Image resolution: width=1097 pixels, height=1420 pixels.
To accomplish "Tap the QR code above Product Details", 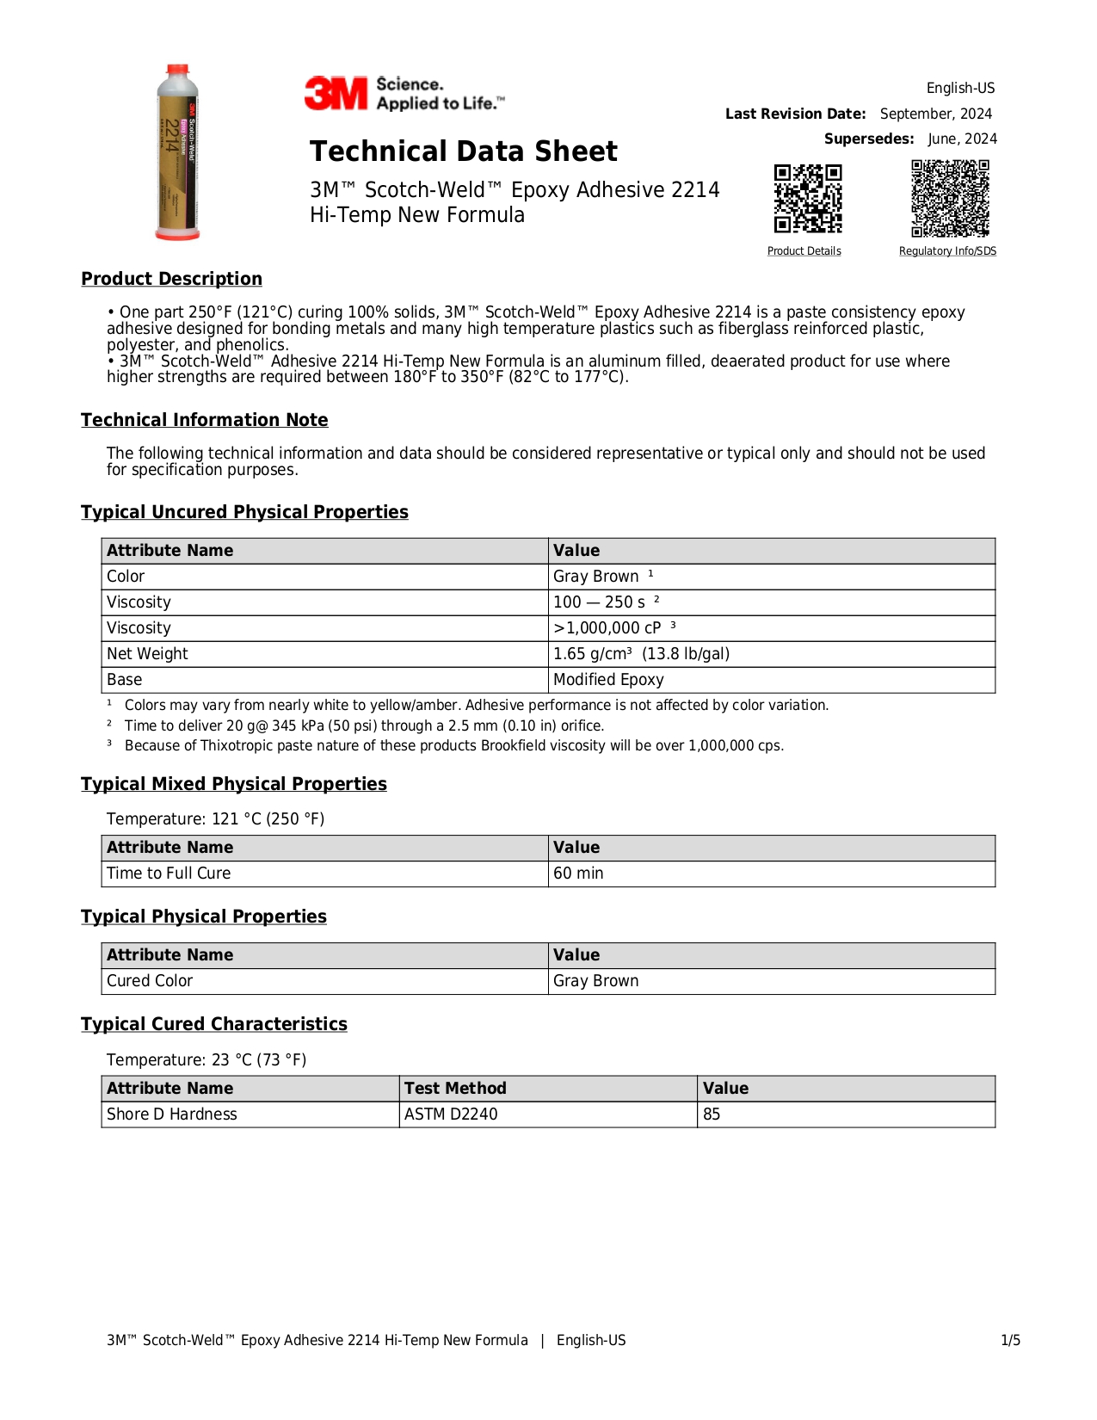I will pos(807,199).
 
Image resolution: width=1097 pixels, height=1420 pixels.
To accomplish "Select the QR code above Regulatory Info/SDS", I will pos(950,198).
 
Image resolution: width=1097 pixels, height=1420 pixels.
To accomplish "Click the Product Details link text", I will pos(804,251).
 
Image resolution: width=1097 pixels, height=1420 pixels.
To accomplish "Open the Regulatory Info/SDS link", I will pos(947,251).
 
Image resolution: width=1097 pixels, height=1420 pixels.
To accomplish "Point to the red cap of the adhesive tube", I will pos(178,69).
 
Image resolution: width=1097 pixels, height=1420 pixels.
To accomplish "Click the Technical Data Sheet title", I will pos(463,151).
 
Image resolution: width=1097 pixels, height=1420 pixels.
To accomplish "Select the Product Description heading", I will pos(171,279).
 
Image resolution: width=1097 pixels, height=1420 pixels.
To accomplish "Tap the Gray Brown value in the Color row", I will pos(595,577).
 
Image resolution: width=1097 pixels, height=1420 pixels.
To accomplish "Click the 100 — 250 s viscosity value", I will pos(599,602).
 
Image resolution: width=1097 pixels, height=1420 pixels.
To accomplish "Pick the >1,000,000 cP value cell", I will pos(607,628).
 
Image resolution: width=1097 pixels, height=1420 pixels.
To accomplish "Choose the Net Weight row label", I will pos(147,654).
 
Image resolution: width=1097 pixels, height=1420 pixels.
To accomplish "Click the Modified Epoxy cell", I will pos(608,680).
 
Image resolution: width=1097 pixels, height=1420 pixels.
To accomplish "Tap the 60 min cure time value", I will pos(578,874).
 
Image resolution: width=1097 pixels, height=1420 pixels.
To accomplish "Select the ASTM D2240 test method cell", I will pos(451,1114).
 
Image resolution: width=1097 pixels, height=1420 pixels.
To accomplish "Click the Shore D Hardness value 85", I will pos(712,1114).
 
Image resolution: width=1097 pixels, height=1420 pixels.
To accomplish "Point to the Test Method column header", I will pos(455,1089).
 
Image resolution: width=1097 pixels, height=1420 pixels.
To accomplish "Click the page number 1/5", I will pos(1010,1340).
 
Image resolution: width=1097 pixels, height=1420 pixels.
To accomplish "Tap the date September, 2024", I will pos(935,114).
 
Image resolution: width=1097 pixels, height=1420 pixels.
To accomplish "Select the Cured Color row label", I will pos(150,981).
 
